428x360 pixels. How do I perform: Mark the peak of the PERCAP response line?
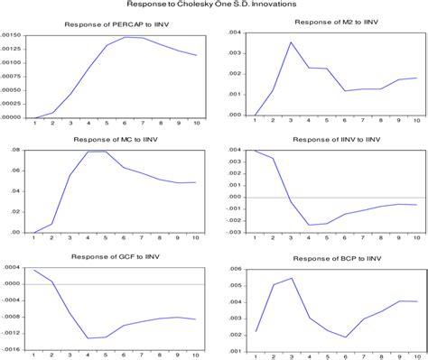pos(126,37)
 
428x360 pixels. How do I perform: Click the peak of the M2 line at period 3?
pos(292,42)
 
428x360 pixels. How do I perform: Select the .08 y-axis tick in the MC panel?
pos(16,151)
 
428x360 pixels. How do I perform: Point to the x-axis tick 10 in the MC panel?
pos(195,238)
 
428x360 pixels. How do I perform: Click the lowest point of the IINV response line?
pos(309,225)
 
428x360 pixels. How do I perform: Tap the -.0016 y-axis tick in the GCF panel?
pos(14,347)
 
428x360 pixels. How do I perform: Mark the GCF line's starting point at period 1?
pos(35,270)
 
